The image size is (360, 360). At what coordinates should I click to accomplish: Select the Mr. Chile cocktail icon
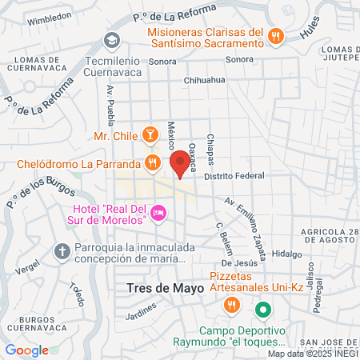149,134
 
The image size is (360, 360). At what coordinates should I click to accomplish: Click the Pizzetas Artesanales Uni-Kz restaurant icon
231,304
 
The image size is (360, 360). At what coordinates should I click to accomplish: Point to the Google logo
27,350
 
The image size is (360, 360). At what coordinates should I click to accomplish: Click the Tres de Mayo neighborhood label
160,288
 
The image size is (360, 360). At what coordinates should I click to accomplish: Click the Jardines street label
141,316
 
